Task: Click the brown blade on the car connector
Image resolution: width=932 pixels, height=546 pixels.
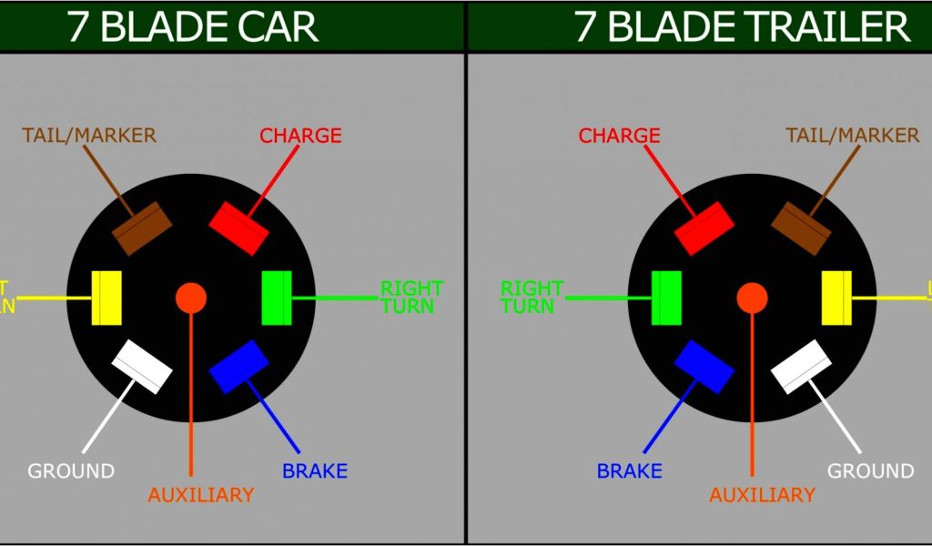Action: [x=142, y=226]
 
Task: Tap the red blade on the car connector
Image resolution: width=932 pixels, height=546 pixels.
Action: [x=239, y=226]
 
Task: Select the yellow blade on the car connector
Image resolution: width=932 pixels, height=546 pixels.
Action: [x=107, y=297]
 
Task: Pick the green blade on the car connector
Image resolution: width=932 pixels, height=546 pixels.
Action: [x=276, y=297]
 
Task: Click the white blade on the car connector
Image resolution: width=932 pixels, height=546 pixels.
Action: [x=142, y=367]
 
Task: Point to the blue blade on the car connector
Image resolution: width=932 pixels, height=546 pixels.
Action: [x=239, y=367]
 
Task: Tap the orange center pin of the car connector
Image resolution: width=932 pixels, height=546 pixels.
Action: [x=191, y=297]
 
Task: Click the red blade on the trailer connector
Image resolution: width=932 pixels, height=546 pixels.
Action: [x=704, y=227]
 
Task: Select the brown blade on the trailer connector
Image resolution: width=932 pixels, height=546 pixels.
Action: [x=802, y=227]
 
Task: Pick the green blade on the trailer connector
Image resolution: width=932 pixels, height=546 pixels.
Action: [x=667, y=298]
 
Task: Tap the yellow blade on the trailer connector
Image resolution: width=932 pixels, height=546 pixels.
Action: [x=836, y=298]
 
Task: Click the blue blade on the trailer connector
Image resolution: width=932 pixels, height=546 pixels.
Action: [x=704, y=367]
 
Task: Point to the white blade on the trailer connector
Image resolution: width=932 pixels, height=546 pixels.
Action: [x=802, y=367]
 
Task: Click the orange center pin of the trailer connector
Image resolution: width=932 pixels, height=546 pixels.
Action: [x=752, y=297]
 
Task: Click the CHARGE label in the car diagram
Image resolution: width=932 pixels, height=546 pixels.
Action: [x=300, y=136]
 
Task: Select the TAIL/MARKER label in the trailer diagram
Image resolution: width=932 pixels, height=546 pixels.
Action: [x=852, y=136]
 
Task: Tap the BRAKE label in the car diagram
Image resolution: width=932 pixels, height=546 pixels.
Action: [x=315, y=471]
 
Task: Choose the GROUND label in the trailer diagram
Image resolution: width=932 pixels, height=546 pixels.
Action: [x=870, y=471]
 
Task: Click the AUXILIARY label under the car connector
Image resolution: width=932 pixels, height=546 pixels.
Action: [x=200, y=495]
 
